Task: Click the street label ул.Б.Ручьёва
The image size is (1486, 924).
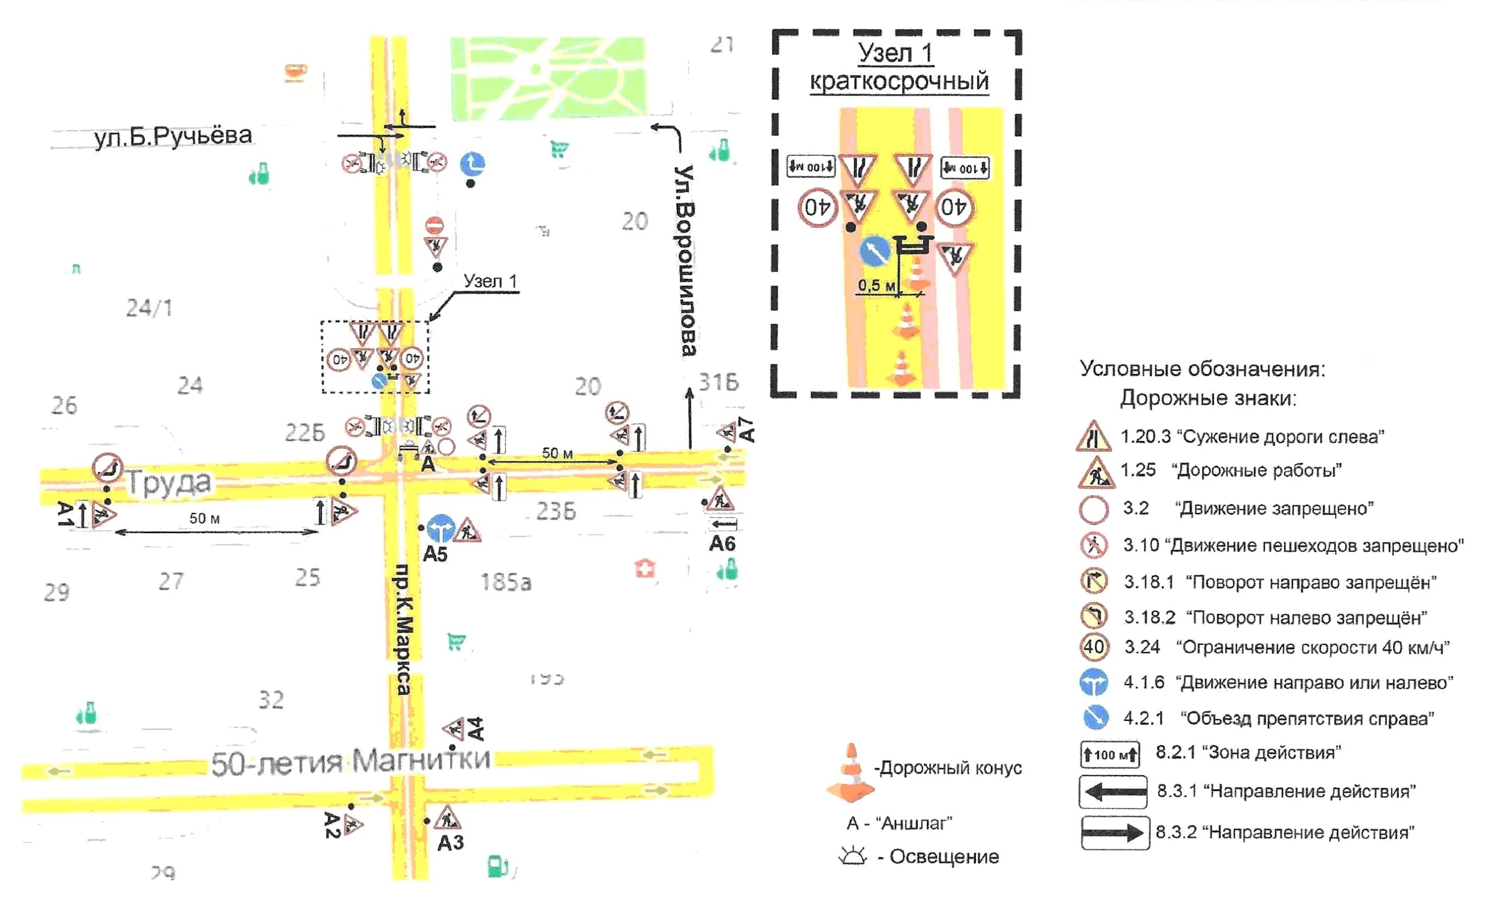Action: click(x=173, y=136)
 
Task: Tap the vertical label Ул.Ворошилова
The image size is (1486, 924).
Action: click(x=687, y=260)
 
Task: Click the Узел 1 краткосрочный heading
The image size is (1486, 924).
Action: click(x=898, y=67)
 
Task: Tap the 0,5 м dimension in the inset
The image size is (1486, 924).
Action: click(x=876, y=285)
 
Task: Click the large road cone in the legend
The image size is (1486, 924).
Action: click(x=850, y=773)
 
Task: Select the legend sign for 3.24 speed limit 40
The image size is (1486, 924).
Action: click(x=1094, y=647)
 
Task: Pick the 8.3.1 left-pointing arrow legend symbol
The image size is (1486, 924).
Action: click(x=1113, y=792)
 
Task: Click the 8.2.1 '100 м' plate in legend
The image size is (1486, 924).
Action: click(x=1110, y=755)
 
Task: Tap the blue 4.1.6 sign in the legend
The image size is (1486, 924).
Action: click(x=1094, y=683)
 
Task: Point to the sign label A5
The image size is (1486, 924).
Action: click(x=435, y=554)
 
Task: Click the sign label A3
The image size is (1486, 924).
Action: click(x=450, y=843)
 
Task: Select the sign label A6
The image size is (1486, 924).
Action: click(x=722, y=544)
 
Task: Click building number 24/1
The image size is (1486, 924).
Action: click(x=149, y=308)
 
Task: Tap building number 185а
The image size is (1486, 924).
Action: click(x=506, y=582)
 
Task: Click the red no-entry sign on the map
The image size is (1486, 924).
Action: click(x=434, y=225)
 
